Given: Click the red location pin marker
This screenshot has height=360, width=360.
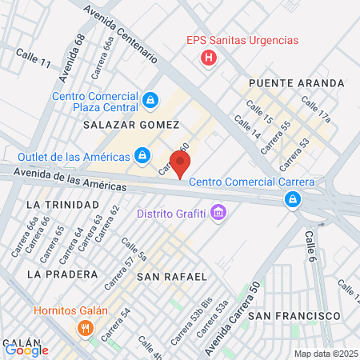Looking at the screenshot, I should point(181,162).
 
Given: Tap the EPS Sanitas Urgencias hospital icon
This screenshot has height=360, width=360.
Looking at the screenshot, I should point(209,58).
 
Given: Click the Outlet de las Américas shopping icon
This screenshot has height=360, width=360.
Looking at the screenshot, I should point(142,154).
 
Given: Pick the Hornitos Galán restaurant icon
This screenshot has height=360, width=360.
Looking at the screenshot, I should point(84,328).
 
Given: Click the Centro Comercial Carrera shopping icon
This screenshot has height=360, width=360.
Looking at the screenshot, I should point(294,198).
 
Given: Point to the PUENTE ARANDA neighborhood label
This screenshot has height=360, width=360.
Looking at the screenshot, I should point(296,83).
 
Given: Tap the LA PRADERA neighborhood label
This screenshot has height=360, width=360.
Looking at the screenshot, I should point(55,274).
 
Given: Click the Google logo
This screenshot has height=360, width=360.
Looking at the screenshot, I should point(26,349).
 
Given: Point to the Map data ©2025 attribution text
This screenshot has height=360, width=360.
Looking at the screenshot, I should point(323,353).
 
